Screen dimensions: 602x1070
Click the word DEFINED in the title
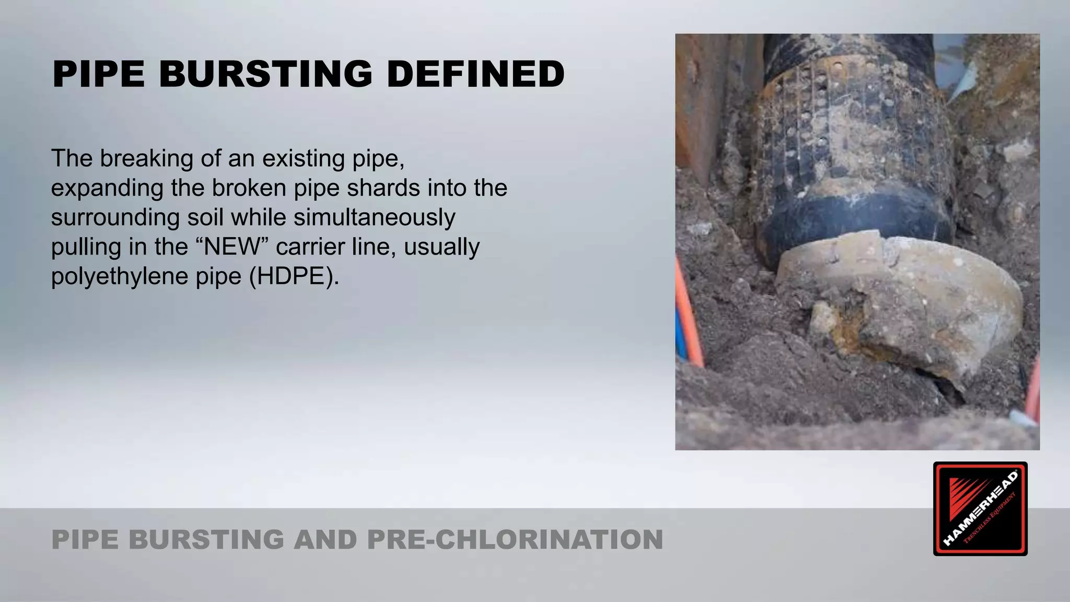click(x=475, y=74)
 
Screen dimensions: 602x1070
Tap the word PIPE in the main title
click(x=98, y=74)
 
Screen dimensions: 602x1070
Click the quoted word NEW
click(x=231, y=246)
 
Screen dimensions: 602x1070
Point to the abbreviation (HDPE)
click(x=294, y=275)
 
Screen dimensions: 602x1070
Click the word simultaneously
click(x=374, y=217)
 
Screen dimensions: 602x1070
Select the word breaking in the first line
click(x=146, y=158)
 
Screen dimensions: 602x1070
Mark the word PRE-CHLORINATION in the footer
click(x=515, y=539)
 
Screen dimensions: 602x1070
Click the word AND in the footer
click(x=325, y=539)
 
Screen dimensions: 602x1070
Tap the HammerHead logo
click(x=980, y=508)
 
